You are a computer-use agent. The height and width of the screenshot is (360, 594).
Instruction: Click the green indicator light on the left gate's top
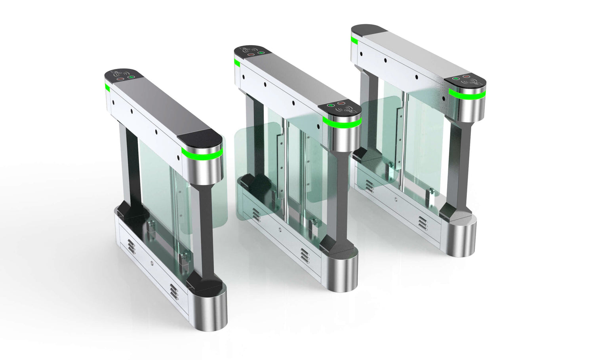click(132, 77)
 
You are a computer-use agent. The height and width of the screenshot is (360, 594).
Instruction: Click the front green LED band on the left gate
click(202, 153)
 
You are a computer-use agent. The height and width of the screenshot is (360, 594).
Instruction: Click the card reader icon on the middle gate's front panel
click(348, 112)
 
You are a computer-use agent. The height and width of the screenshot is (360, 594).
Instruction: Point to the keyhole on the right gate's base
click(396, 200)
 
